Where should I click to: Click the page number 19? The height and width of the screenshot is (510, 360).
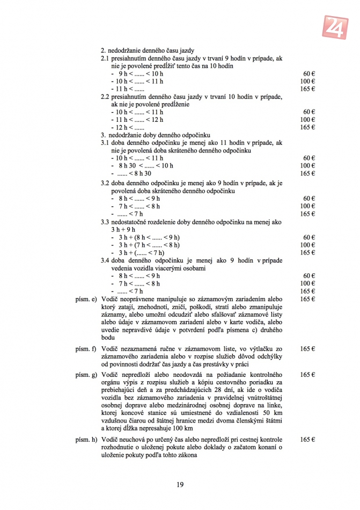tap(180, 484)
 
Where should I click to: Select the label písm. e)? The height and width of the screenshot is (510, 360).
tap(86, 298)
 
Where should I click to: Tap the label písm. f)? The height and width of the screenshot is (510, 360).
tap(86, 349)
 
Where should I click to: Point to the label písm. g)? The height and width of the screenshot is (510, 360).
tap(86, 374)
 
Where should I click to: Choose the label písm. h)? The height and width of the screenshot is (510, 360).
tap(86, 440)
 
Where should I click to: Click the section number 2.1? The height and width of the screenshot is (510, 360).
tap(105, 57)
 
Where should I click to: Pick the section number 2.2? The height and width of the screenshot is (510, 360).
tap(105, 97)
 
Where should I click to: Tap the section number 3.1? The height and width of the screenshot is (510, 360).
tap(105, 143)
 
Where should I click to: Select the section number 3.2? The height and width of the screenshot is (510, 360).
tap(105, 183)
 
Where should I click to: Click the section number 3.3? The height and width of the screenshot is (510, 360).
tap(105, 222)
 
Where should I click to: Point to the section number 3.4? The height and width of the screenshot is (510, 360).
tap(105, 260)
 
